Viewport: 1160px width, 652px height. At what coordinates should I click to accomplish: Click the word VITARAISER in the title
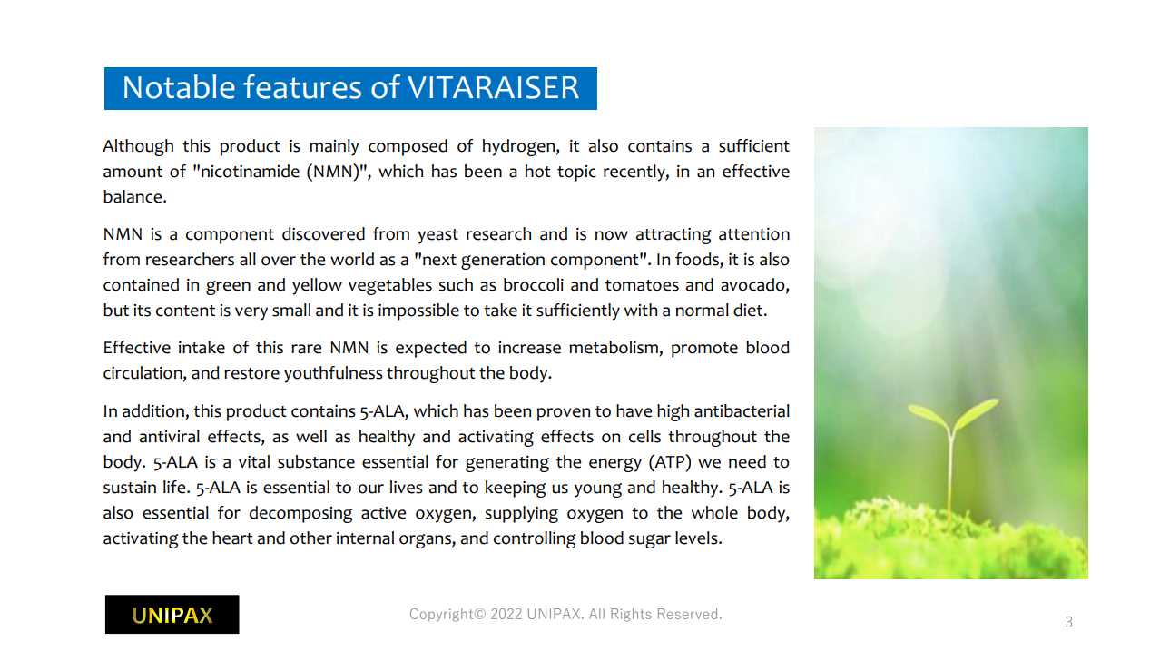pos(493,87)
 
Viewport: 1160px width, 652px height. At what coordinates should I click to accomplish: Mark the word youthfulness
pos(333,373)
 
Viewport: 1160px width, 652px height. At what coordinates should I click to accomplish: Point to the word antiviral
pos(169,437)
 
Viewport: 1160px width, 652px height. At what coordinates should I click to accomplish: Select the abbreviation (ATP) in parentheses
pos(670,462)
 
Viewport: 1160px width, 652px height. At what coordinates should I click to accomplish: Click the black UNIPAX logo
pos(172,615)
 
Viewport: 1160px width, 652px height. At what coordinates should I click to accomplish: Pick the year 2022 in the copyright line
pos(506,614)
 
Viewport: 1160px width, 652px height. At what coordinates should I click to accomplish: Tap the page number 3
pos(1068,622)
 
